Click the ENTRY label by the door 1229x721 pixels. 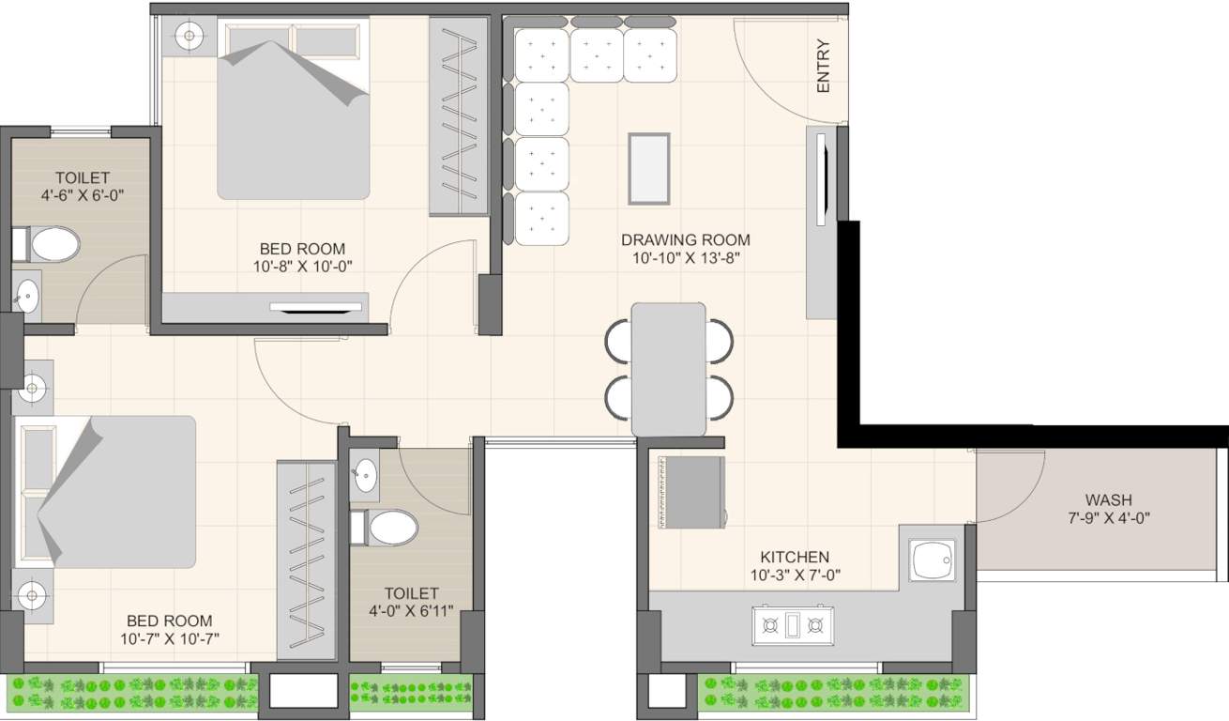(824, 66)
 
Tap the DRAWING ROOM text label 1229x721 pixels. (686, 239)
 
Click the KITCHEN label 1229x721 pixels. (795, 557)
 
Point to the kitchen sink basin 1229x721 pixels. (933, 560)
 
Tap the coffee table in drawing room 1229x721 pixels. (648, 168)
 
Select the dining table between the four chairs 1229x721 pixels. (669, 369)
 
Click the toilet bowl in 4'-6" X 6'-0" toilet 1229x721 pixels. (53, 245)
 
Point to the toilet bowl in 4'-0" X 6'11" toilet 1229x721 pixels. (391, 528)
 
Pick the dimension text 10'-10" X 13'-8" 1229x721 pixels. (686, 258)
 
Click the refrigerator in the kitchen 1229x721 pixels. (691, 493)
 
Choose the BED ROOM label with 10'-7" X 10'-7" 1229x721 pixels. (170, 621)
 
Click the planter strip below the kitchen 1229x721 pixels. (826, 693)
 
